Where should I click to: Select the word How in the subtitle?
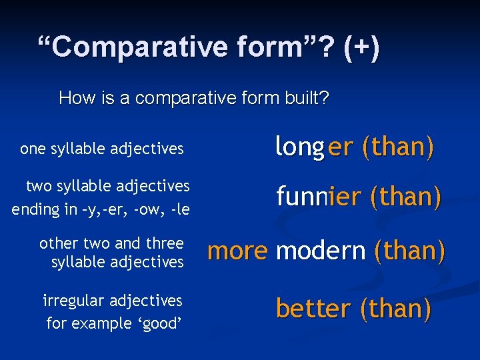pos(73,99)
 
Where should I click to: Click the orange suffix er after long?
pos(340,148)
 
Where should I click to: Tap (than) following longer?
pos(398,148)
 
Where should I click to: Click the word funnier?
pos(317,197)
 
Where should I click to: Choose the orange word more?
pos(237,251)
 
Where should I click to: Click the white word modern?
pos(321,251)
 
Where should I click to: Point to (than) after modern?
pos(409,251)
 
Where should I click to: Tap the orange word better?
pos(313,309)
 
